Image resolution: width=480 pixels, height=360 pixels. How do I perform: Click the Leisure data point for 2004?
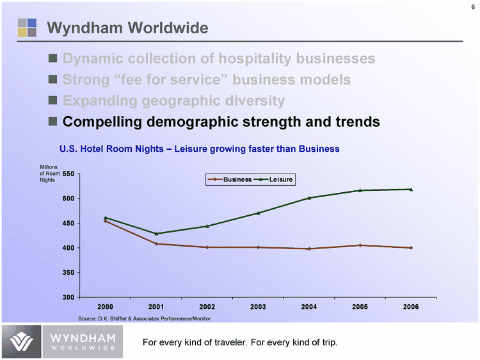click(x=309, y=198)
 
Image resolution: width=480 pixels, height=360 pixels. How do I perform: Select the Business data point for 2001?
click(x=156, y=243)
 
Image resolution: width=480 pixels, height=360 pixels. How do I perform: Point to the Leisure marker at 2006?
click(x=411, y=189)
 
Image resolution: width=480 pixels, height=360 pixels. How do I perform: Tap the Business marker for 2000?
click(x=105, y=221)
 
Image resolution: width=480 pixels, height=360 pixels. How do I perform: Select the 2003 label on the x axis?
click(x=258, y=307)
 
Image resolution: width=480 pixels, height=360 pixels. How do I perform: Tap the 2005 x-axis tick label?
click(x=360, y=307)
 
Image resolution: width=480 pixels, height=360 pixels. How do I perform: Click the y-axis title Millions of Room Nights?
click(x=49, y=174)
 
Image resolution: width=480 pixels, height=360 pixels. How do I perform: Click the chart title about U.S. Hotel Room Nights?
click(x=199, y=149)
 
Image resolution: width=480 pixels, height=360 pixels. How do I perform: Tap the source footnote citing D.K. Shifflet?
click(x=144, y=318)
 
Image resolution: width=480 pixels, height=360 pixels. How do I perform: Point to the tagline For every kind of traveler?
click(x=239, y=342)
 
